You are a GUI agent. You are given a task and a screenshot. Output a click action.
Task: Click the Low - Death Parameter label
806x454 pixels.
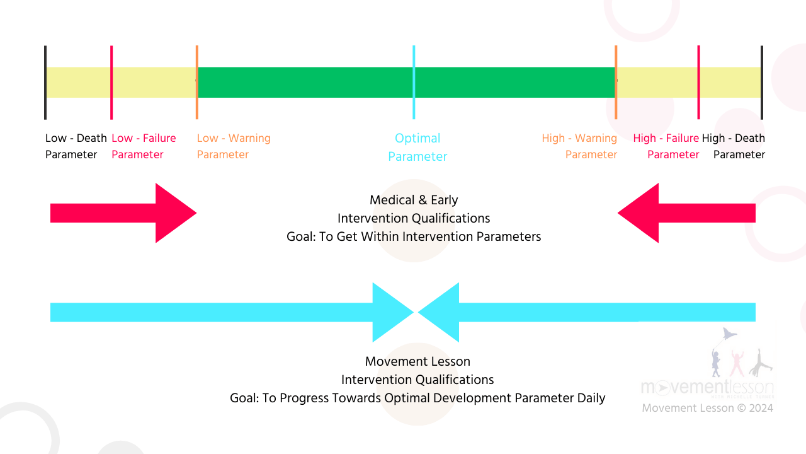pos(76,146)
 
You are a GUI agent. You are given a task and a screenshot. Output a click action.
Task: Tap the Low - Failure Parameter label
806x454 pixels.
pos(144,146)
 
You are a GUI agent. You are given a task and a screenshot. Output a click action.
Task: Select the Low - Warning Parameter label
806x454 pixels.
pos(234,146)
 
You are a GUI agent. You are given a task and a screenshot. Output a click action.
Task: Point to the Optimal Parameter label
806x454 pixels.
pos(417,147)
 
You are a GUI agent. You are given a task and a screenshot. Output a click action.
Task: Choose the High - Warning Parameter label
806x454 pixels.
pos(580,146)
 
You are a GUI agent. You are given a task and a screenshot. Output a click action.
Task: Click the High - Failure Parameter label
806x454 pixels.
pos(666,146)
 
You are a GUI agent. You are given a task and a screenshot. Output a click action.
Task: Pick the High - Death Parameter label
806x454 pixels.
pos(734,146)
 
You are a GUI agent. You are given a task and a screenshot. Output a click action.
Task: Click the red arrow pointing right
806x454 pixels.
pos(126,213)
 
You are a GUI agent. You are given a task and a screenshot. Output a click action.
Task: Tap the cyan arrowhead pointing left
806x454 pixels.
pos(441,312)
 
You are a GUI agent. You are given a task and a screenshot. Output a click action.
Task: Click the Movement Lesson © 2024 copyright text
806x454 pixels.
pos(707,408)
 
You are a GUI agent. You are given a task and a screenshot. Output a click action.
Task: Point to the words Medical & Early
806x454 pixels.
pos(414,200)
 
